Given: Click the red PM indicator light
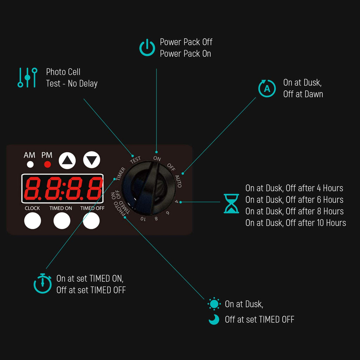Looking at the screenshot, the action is [47, 165].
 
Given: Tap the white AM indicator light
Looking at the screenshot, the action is [30, 165].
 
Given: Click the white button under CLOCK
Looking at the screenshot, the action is [33, 221].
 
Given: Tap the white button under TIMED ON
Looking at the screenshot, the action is [62, 221].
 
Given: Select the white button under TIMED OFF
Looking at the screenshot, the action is [91, 221].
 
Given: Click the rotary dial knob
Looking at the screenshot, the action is [148, 188].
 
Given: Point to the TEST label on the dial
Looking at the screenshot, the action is [135, 160].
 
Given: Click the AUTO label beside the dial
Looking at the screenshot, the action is [178, 181].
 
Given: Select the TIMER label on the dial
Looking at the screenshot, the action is [121, 174].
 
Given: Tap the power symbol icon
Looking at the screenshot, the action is [147, 47].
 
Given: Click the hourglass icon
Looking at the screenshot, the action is [231, 204].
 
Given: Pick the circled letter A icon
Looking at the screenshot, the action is [267, 88].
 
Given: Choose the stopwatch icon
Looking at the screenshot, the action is [43, 283].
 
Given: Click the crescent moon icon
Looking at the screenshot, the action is [214, 319].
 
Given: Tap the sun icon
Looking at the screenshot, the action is [214, 304].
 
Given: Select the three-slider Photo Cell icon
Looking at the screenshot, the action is [27, 78].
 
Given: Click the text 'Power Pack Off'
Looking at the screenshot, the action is [186, 42].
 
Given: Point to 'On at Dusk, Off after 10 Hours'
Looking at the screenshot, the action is [296, 223].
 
